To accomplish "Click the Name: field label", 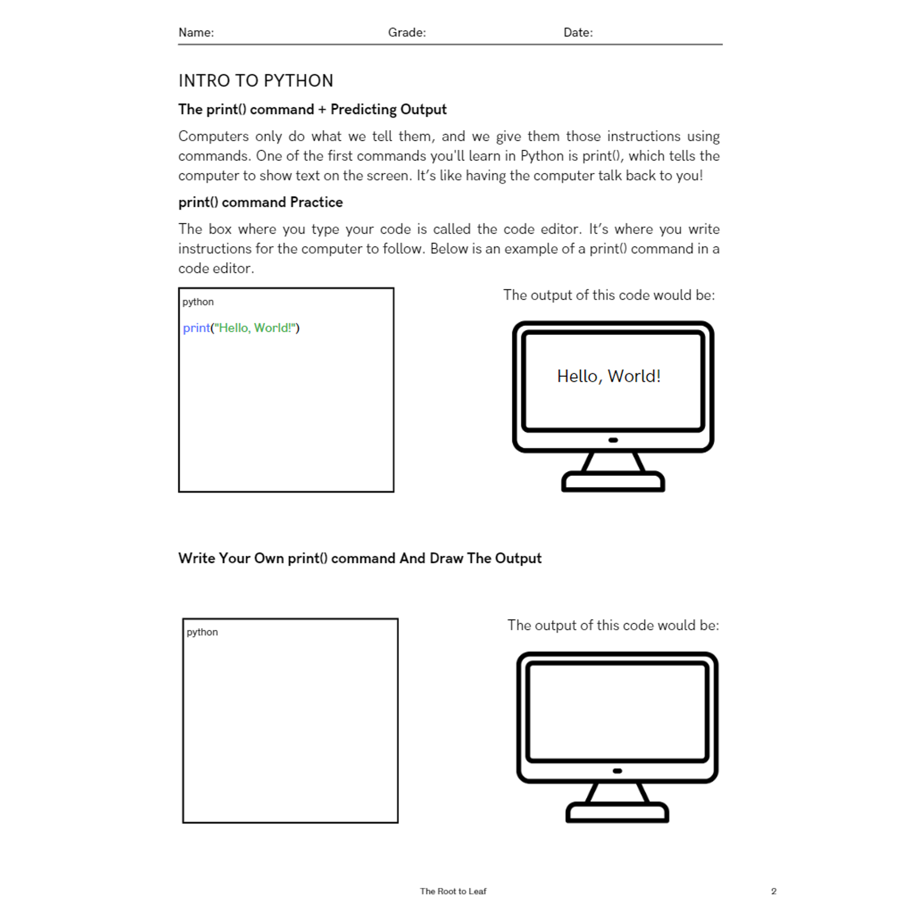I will click(196, 32).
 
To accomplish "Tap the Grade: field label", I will click(407, 32).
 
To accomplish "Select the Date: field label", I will click(577, 32).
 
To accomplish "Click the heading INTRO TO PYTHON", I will click(256, 81).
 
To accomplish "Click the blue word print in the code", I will click(196, 328).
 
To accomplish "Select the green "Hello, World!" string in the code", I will click(256, 328).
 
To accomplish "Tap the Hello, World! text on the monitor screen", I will click(609, 376).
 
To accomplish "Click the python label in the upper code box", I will click(198, 302).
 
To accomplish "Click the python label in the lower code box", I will click(202, 632).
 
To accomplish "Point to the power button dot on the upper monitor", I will click(613, 440).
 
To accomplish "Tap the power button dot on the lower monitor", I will click(617, 771).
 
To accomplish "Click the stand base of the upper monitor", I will click(613, 483).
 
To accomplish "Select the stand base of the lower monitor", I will click(617, 814).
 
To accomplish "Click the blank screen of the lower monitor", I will click(617, 711).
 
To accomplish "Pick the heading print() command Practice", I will click(261, 202).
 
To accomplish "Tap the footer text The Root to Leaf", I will click(452, 891).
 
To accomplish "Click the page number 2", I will click(773, 891).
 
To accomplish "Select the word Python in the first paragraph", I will click(542, 156).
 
